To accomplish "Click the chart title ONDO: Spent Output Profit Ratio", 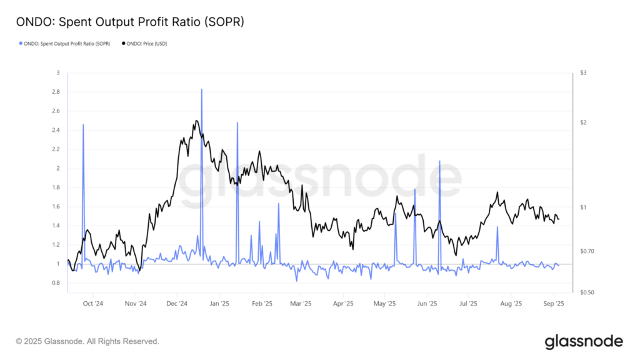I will (x=129, y=22).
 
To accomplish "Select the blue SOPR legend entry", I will (x=64, y=44).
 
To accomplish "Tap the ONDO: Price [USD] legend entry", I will (x=144, y=44).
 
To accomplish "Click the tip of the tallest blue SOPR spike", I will (x=201, y=89).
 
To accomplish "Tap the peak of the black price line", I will (x=197, y=121).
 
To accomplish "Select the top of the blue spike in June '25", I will (x=439, y=161).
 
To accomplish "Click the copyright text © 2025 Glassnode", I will (x=87, y=341).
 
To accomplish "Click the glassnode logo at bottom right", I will (x=584, y=341).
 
